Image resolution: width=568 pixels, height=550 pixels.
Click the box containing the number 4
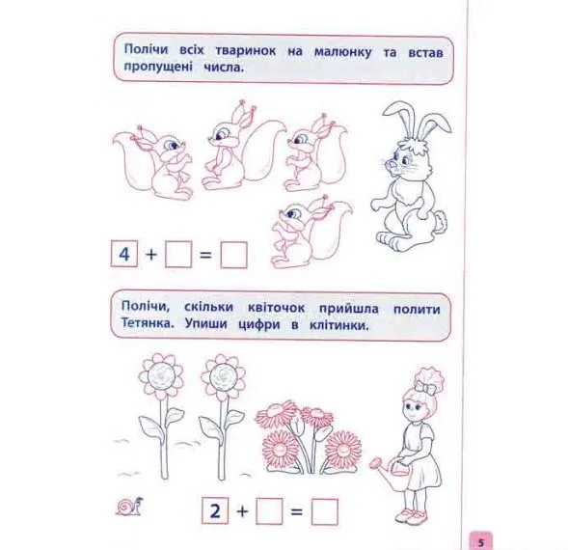[x=124, y=254]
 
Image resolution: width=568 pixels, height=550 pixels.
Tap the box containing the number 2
[x=215, y=510]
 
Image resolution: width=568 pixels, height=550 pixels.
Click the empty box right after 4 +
[x=178, y=254]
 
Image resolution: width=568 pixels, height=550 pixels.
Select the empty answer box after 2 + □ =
[x=325, y=512]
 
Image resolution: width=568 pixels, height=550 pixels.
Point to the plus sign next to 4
[x=151, y=255]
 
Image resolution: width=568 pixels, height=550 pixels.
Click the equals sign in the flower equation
[x=296, y=512]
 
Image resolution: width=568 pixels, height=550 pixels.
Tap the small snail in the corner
[x=129, y=507]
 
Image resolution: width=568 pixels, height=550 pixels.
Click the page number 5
[x=481, y=542]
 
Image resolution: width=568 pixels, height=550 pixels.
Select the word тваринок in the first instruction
[x=246, y=51]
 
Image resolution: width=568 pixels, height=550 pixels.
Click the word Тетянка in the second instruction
[x=148, y=323]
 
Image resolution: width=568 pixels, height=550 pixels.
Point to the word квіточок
[x=277, y=308]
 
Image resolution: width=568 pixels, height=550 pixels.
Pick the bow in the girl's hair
[x=426, y=387]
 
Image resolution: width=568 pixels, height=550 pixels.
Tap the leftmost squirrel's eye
[x=172, y=145]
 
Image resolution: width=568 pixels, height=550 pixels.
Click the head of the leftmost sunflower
[x=160, y=375]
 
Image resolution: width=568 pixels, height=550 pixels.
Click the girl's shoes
[x=412, y=515]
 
